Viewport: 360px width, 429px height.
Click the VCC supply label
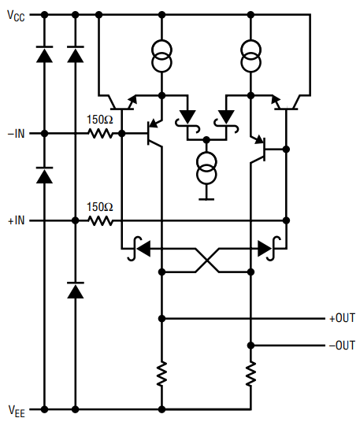click(x=17, y=16)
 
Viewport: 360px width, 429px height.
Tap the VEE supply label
click(x=17, y=411)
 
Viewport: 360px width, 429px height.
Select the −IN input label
click(x=17, y=134)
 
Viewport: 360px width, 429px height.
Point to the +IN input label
click(x=17, y=220)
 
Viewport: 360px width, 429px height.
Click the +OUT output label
click(x=342, y=318)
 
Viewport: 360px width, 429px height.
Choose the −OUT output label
click(x=342, y=346)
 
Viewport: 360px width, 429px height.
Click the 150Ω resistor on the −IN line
click(x=100, y=134)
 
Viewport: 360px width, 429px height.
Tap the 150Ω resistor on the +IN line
click(x=100, y=220)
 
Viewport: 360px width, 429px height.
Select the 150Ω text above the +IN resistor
click(x=100, y=207)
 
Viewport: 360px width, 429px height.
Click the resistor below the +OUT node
click(x=161, y=374)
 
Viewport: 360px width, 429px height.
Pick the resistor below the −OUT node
click(x=251, y=374)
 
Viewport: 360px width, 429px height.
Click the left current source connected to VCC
click(x=161, y=56)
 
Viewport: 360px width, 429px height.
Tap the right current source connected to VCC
click(x=251, y=56)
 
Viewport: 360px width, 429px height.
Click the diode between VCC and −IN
click(x=44, y=54)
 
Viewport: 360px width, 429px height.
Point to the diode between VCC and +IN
click(x=76, y=54)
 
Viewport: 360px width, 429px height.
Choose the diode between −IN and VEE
click(x=44, y=175)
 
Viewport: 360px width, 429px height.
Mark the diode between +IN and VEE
click(x=76, y=290)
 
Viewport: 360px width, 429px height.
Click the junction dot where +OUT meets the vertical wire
click(x=161, y=319)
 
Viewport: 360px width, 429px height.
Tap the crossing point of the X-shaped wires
click(x=207, y=261)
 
